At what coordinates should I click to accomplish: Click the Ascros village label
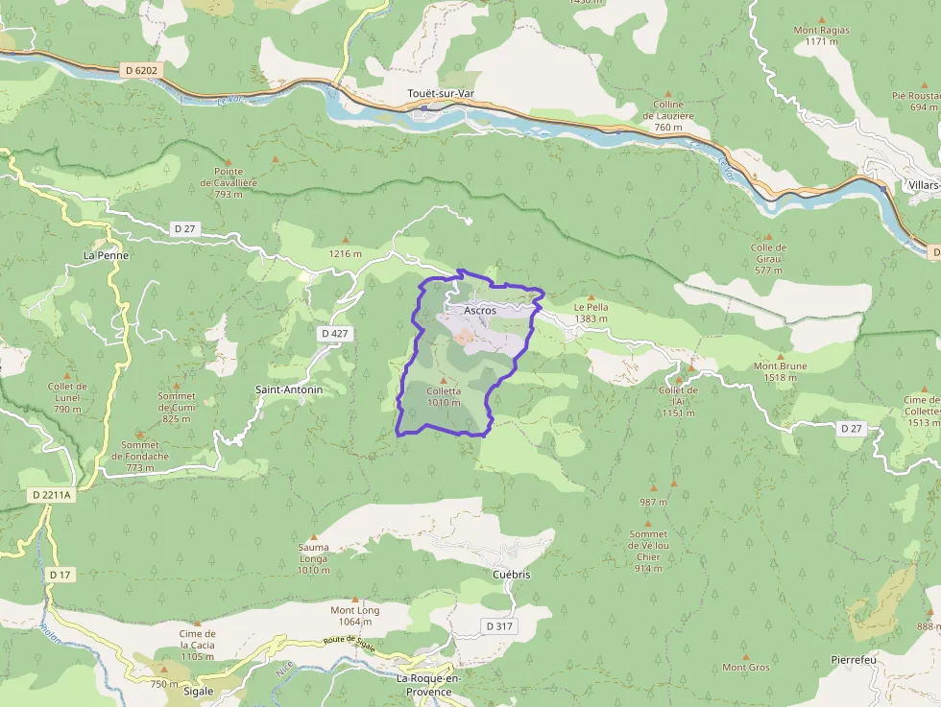click(x=479, y=311)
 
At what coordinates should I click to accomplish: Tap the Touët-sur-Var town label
click(x=441, y=94)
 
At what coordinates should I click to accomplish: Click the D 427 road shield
click(x=335, y=333)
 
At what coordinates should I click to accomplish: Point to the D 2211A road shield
click(x=52, y=494)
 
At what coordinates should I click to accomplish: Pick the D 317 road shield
click(x=499, y=625)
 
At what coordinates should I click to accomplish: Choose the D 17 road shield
click(x=60, y=574)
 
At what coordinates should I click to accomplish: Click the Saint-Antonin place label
click(x=288, y=390)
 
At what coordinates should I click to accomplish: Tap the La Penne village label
click(x=106, y=256)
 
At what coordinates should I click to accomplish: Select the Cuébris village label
click(x=511, y=575)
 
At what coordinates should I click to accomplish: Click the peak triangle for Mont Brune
click(x=780, y=355)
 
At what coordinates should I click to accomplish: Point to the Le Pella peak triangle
click(x=591, y=296)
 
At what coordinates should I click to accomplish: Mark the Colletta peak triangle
click(x=443, y=381)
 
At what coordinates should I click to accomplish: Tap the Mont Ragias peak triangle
click(x=821, y=19)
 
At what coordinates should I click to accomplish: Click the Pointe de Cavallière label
click(x=229, y=177)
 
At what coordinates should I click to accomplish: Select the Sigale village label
click(x=197, y=691)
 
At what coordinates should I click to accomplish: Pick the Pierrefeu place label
click(x=853, y=661)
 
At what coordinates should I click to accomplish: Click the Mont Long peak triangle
click(x=354, y=599)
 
